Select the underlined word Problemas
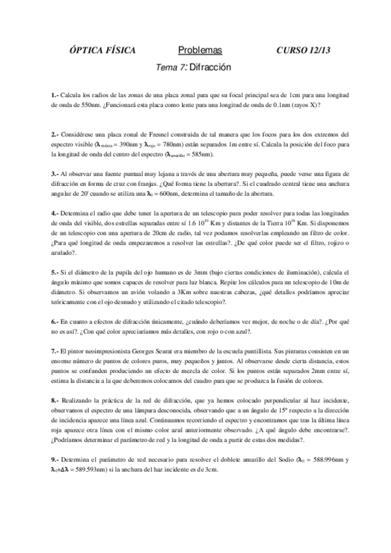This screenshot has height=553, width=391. pos(199,50)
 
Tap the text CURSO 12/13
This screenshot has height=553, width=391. pos(304,50)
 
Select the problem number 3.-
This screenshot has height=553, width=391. pos(54,174)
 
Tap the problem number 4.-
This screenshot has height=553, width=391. pos(54,213)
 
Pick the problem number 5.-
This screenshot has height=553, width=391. pos(54,271)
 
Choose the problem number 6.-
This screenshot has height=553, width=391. pos(54,321)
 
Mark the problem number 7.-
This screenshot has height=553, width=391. pos(54,351)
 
